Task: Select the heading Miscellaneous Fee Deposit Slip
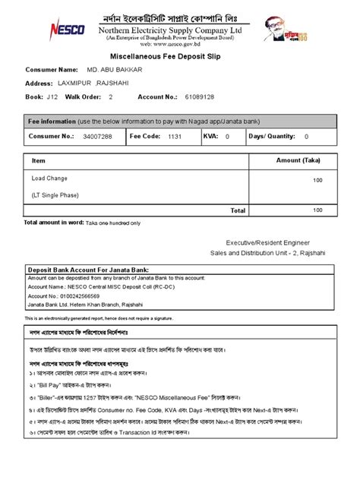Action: (x=179, y=56)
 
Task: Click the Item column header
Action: (x=39, y=162)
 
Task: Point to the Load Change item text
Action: (x=49, y=178)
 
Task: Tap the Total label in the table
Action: (x=238, y=210)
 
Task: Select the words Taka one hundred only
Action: (x=113, y=224)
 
